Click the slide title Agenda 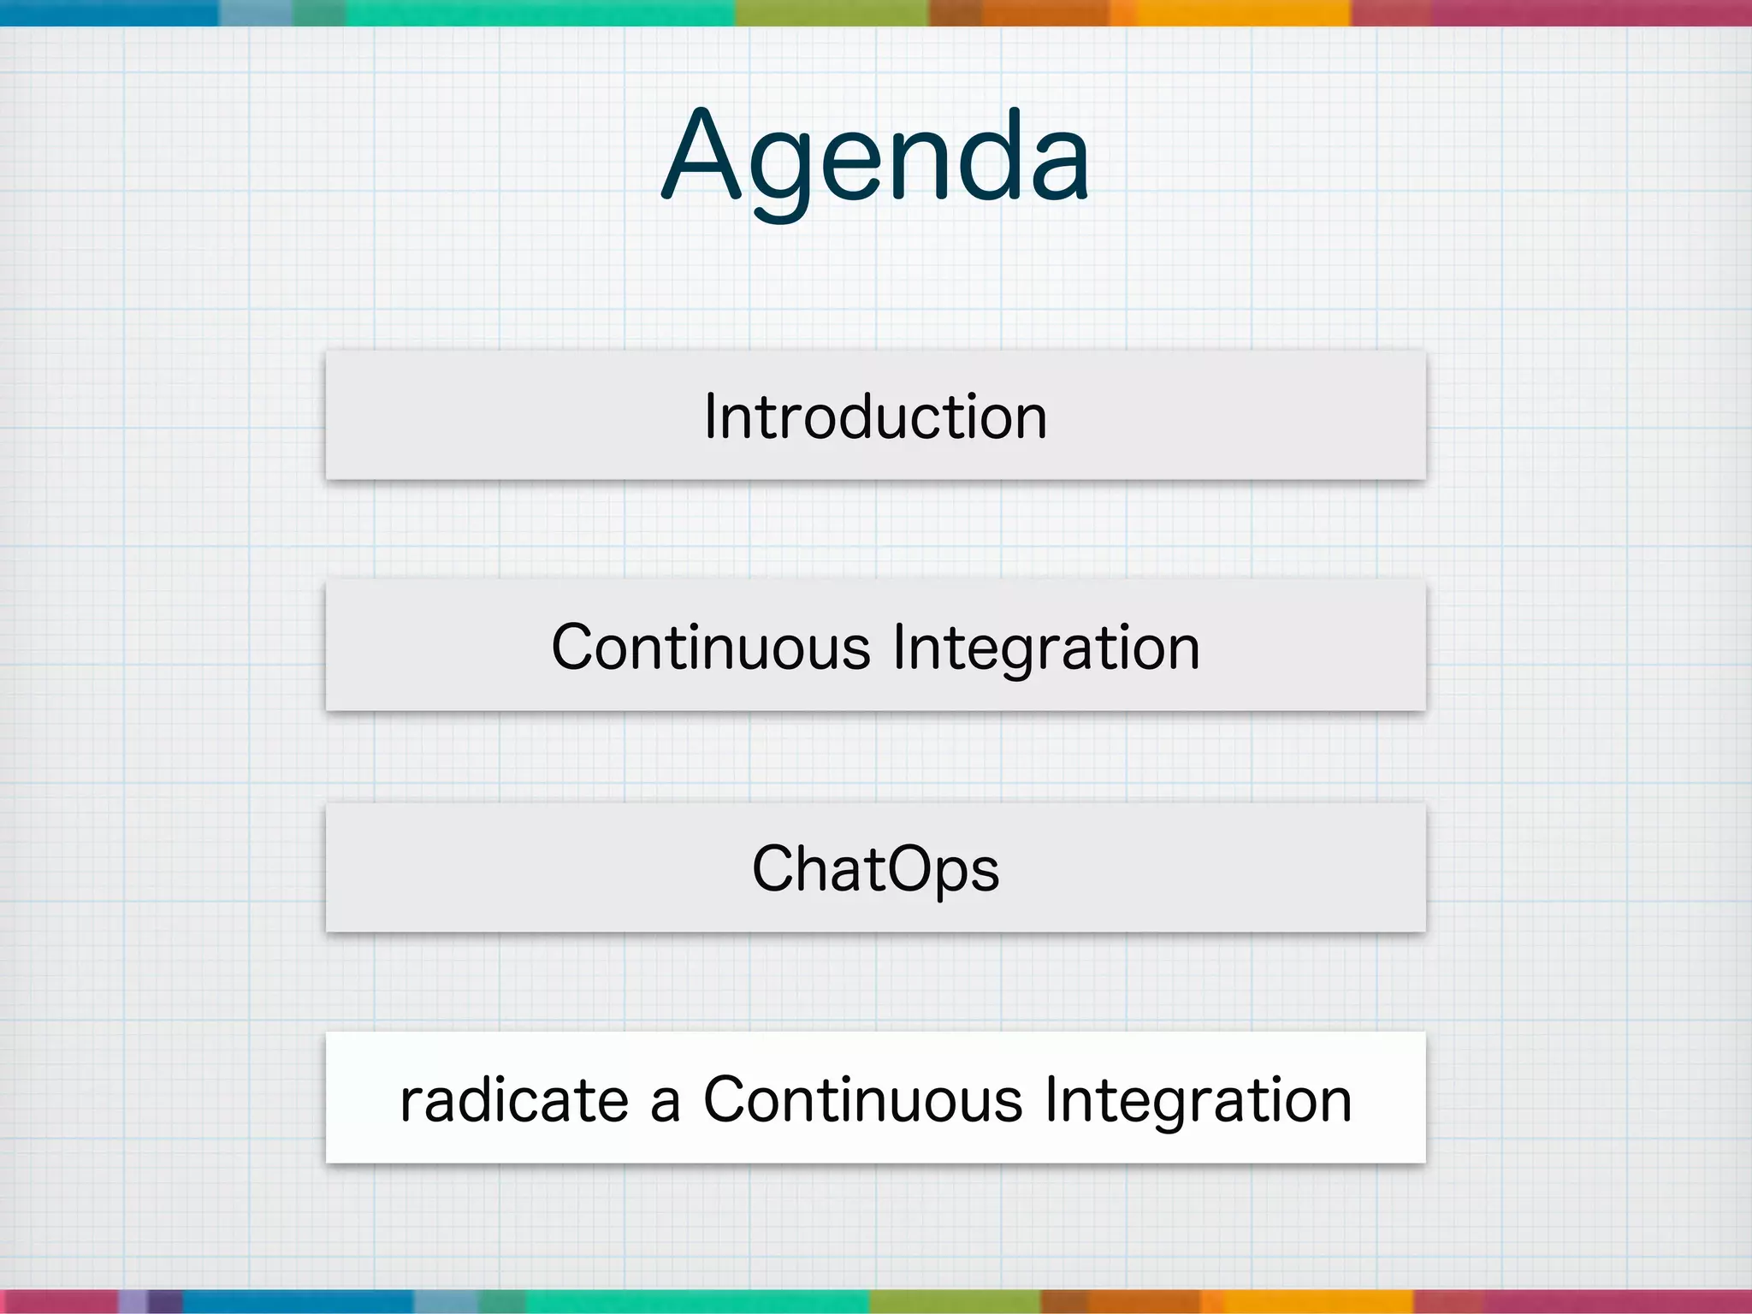[x=876, y=158]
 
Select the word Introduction [x=876, y=417]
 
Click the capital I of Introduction [x=710, y=417]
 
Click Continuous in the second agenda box [x=710, y=648]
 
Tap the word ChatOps [x=876, y=869]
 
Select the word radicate [x=514, y=1100]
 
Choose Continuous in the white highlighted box [x=862, y=1100]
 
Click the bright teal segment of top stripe [x=539, y=12]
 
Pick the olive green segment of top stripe [x=832, y=12]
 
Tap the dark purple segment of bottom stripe [x=165, y=1301]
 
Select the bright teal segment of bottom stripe [x=697, y=1301]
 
